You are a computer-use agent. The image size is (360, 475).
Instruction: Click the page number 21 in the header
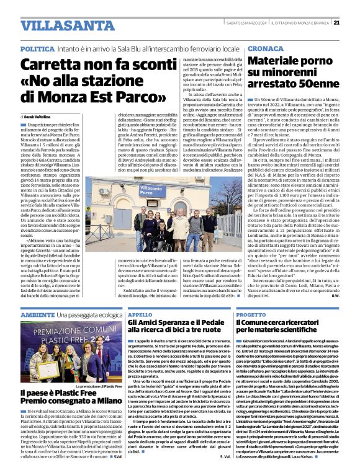pyautogui.click(x=353, y=23)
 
